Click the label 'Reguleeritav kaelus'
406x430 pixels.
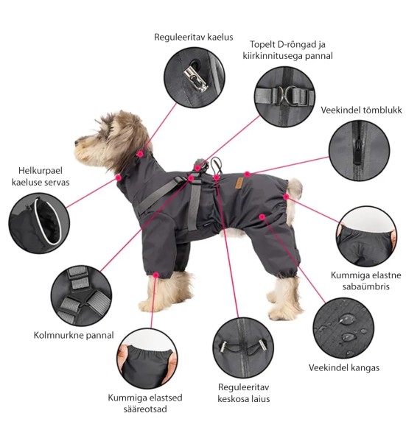click(194, 37)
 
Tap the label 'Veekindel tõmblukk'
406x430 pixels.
click(361, 110)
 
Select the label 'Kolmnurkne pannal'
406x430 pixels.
click(74, 335)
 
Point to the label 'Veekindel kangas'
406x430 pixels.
click(344, 367)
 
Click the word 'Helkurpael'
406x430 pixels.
click(41, 171)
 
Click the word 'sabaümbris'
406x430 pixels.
click(365, 286)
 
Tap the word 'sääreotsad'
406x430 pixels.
click(145, 409)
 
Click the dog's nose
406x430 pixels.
click(77, 143)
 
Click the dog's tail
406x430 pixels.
click(295, 186)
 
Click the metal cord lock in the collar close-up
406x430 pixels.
click(195, 79)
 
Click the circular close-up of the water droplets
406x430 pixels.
click(343, 328)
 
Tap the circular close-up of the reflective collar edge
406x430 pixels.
click(39, 223)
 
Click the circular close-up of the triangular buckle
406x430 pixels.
click(81, 296)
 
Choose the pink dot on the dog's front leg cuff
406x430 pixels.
click(156, 275)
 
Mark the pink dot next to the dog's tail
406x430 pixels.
click(286, 197)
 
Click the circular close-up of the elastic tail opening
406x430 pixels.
click(366, 236)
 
